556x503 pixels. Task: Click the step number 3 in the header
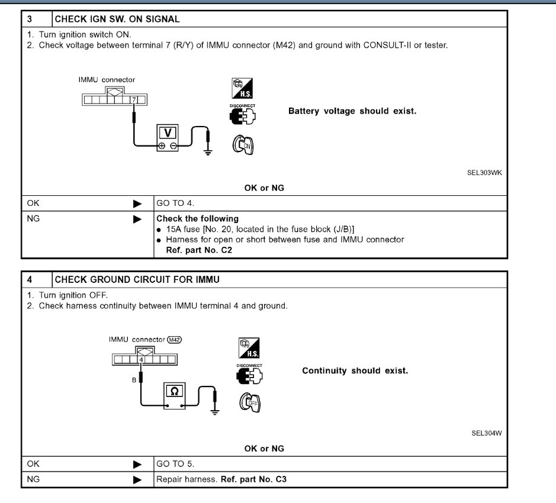(x=29, y=19)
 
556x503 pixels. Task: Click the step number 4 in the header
(x=29, y=279)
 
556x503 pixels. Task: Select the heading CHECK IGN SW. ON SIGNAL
(x=117, y=19)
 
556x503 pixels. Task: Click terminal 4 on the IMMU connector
(x=142, y=359)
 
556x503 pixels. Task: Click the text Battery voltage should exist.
(x=352, y=111)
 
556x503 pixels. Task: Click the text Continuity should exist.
(x=355, y=370)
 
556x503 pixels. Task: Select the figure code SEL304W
(x=486, y=433)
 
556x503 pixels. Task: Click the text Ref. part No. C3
(x=253, y=479)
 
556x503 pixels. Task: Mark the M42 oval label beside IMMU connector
(x=174, y=340)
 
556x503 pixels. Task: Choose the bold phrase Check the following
(x=197, y=218)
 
